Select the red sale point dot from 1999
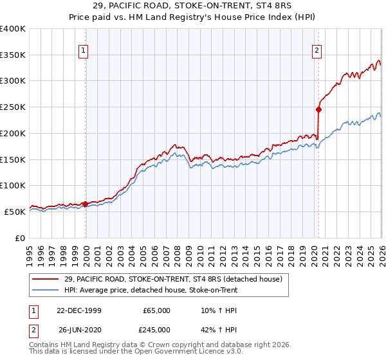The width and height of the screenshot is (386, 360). [x=86, y=204]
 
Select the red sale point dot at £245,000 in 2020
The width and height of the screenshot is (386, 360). [x=318, y=109]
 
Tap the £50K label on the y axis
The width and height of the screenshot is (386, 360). [x=15, y=212]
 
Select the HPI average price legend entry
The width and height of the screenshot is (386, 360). [x=151, y=291]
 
